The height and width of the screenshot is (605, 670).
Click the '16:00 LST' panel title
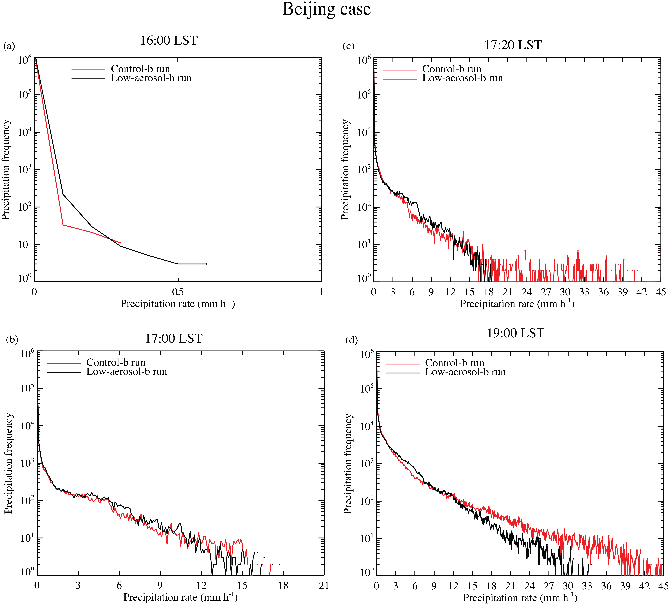[x=169, y=41]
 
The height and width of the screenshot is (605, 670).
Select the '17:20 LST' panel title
[x=513, y=45]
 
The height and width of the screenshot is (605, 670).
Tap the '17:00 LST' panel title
[x=174, y=338]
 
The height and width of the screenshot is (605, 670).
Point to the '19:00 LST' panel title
[x=515, y=333]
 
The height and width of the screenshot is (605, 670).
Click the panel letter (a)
[x=9, y=46]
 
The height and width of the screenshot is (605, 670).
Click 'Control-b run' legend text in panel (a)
[x=140, y=69]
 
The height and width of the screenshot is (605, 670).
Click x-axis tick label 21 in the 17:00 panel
[x=324, y=585]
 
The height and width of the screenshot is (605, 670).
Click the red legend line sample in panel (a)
[x=88, y=70]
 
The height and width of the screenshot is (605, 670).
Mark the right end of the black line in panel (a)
[x=207, y=264]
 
